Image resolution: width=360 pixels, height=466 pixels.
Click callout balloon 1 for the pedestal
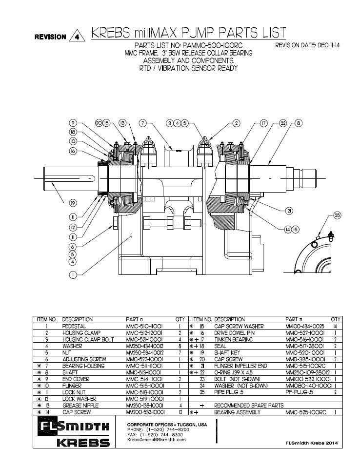(73, 275)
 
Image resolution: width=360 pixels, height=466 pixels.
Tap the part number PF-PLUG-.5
(297, 391)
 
